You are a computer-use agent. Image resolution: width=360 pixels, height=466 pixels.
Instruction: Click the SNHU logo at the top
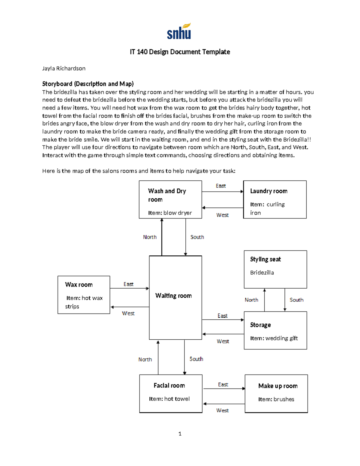pyautogui.click(x=179, y=32)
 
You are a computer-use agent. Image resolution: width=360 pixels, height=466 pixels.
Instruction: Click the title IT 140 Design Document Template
pyautogui.click(x=180, y=52)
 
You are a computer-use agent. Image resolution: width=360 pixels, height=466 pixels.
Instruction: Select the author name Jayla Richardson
pyautogui.click(x=64, y=68)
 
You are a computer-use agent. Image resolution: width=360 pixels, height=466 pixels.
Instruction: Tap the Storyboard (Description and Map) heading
pyautogui.click(x=88, y=84)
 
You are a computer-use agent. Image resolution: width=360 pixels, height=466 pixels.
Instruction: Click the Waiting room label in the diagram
pyautogui.click(x=173, y=296)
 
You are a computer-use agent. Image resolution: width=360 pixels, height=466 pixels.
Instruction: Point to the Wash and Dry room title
pyautogui.click(x=167, y=195)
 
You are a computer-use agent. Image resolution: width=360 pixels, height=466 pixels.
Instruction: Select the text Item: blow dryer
pyautogui.click(x=170, y=213)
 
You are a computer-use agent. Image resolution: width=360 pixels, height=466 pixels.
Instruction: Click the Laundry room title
pyautogui.click(x=268, y=191)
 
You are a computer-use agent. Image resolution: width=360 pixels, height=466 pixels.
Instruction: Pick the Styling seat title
pyautogui.click(x=265, y=259)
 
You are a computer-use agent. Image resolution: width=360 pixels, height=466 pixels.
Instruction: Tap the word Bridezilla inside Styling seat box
pyautogui.click(x=262, y=272)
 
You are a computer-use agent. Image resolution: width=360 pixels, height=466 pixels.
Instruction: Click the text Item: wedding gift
pyautogui.click(x=274, y=338)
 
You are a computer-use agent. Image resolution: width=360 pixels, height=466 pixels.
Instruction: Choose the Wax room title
pyautogui.click(x=79, y=284)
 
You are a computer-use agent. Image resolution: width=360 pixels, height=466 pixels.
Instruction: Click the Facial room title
pyautogui.click(x=169, y=386)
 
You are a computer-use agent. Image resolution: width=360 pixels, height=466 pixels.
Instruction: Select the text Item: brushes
pyautogui.click(x=276, y=399)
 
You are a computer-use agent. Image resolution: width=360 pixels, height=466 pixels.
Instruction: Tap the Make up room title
pyautogui.click(x=278, y=386)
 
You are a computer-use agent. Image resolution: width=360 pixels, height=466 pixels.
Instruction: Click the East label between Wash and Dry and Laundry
pyautogui.click(x=220, y=186)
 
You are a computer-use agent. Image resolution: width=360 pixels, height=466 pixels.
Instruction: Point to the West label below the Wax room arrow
pyautogui.click(x=128, y=313)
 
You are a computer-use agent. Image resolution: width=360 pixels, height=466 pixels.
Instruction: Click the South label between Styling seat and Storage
pyautogui.click(x=296, y=300)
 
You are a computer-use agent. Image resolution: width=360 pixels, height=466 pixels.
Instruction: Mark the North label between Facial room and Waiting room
pyautogui.click(x=145, y=359)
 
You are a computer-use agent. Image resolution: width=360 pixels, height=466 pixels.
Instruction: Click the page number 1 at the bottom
pyautogui.click(x=180, y=434)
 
